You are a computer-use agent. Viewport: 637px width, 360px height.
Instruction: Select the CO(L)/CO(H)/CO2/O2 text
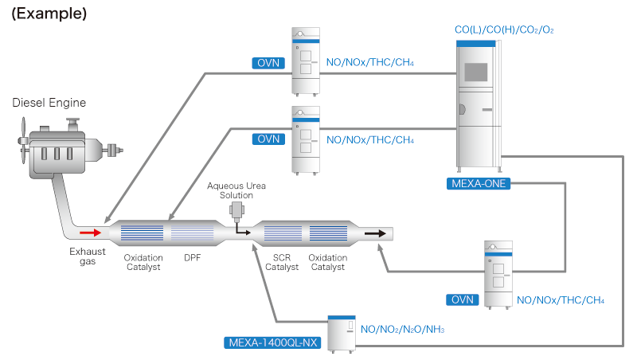pyautogui.click(x=503, y=29)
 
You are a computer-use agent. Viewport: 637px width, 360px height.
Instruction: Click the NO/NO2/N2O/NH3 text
pyautogui.click(x=403, y=328)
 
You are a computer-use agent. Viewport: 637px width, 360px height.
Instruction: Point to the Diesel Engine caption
pyautogui.click(x=49, y=103)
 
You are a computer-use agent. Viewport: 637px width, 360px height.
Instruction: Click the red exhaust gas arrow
pyautogui.click(x=90, y=233)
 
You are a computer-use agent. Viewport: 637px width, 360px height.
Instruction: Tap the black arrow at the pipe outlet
pyautogui.click(x=377, y=233)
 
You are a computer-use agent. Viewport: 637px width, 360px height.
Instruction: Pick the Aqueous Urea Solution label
pyautogui.click(x=236, y=191)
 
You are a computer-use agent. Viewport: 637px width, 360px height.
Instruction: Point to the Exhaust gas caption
pyautogui.click(x=87, y=256)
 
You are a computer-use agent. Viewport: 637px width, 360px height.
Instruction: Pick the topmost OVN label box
pyautogui.click(x=269, y=62)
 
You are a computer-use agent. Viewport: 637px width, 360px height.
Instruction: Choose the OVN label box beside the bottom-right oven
pyautogui.click(x=463, y=299)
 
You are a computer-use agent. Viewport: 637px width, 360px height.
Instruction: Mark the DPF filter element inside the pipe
pyautogui.click(x=192, y=233)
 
